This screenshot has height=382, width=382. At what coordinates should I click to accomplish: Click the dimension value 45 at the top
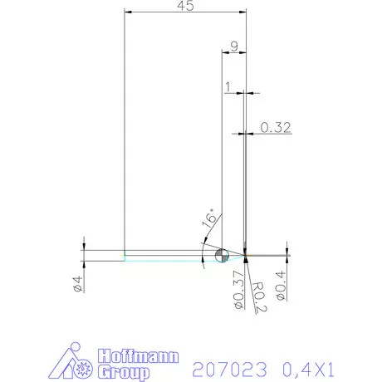click(x=186, y=7)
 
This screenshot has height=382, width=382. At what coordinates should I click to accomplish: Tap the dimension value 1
click(x=228, y=86)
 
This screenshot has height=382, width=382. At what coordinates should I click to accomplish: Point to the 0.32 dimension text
click(x=275, y=127)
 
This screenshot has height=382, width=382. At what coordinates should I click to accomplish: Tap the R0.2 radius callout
click(x=257, y=294)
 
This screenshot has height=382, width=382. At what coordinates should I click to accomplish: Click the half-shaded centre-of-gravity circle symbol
click(x=222, y=255)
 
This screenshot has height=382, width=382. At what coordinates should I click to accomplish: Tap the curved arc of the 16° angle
click(x=203, y=249)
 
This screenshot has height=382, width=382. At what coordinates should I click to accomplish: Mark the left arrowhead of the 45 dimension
click(x=127, y=12)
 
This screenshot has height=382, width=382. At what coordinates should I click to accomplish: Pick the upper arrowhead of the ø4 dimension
click(x=84, y=247)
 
